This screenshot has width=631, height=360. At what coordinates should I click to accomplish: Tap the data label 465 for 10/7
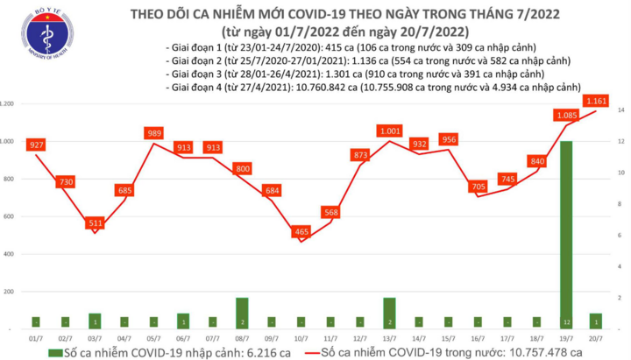point(301,231)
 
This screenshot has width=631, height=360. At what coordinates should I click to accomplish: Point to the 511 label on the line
point(95,223)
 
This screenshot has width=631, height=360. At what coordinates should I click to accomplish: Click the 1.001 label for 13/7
point(389,131)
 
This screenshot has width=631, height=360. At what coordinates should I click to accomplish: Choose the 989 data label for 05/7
point(154,133)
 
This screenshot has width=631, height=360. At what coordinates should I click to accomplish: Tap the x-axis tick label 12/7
point(361,336)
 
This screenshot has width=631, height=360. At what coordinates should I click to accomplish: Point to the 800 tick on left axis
point(7,179)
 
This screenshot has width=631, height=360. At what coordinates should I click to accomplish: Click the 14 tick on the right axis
point(620,110)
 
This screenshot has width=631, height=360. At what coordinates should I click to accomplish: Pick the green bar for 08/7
point(242,311)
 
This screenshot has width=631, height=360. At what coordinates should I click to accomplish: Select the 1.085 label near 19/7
point(566,115)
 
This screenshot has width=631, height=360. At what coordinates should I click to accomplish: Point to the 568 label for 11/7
point(330,211)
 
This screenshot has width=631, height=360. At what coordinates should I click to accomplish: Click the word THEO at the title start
point(151,14)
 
